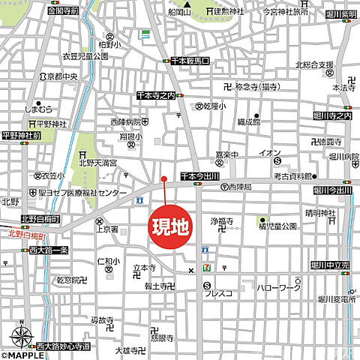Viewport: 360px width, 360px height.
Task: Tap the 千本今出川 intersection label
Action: [199, 176]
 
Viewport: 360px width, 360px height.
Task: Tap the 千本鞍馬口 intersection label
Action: [190, 60]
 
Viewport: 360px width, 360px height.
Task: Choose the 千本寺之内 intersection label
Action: [155, 96]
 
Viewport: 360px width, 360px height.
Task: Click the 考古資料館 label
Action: [291, 176]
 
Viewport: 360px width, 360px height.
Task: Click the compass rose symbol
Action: [21, 336]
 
